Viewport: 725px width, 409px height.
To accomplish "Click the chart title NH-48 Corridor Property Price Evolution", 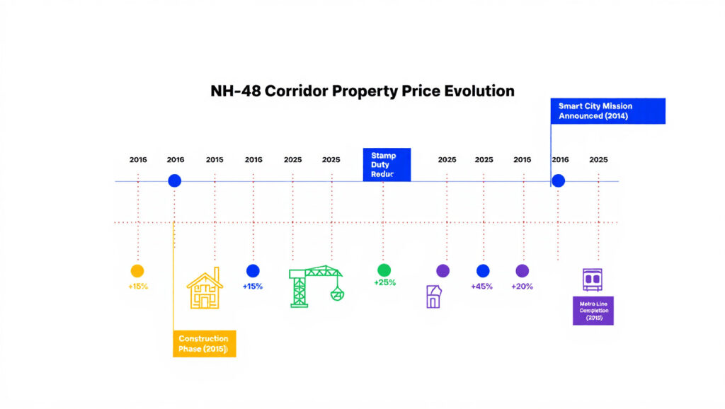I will [362, 91].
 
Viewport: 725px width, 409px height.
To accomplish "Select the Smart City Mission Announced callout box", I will [608, 110].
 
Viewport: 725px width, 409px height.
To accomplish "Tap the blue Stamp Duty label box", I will [387, 164].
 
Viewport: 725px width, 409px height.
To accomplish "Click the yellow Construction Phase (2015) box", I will [204, 343].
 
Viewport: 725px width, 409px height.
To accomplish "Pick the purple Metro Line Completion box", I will [593, 311].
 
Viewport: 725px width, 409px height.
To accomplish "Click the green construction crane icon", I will [309, 286].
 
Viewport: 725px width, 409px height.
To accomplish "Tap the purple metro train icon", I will [591, 280].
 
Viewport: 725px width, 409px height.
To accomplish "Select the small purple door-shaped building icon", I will [433, 296].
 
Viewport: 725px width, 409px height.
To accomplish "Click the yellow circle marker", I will [137, 270].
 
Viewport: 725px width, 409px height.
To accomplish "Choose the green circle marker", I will [384, 270].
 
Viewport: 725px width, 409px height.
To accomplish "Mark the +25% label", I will [384, 283].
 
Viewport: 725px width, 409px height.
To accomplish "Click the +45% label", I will [482, 287].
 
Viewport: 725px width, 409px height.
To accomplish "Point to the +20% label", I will [522, 287].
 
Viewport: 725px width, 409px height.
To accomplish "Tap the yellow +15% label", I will [138, 287].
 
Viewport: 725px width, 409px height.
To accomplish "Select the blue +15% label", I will [253, 287].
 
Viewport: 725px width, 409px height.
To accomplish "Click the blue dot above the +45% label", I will [483, 270].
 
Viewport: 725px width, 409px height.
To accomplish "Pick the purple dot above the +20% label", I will [523, 270].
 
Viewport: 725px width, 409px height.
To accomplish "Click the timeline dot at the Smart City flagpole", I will [558, 180].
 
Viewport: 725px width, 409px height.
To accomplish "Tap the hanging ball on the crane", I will [337, 295].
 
